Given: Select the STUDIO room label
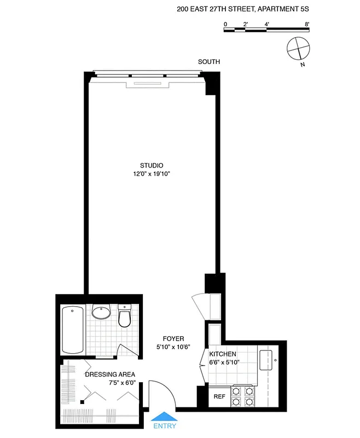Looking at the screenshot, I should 152,165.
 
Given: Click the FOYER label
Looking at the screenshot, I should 173,338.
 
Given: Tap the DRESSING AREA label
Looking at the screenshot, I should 110,374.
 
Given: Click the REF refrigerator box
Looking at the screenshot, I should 219,396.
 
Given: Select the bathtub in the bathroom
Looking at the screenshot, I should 73,330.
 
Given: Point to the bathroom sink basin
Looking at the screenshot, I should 101,313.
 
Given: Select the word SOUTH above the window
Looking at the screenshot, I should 209,62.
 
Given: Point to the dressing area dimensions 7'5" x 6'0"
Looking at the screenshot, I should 110,383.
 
